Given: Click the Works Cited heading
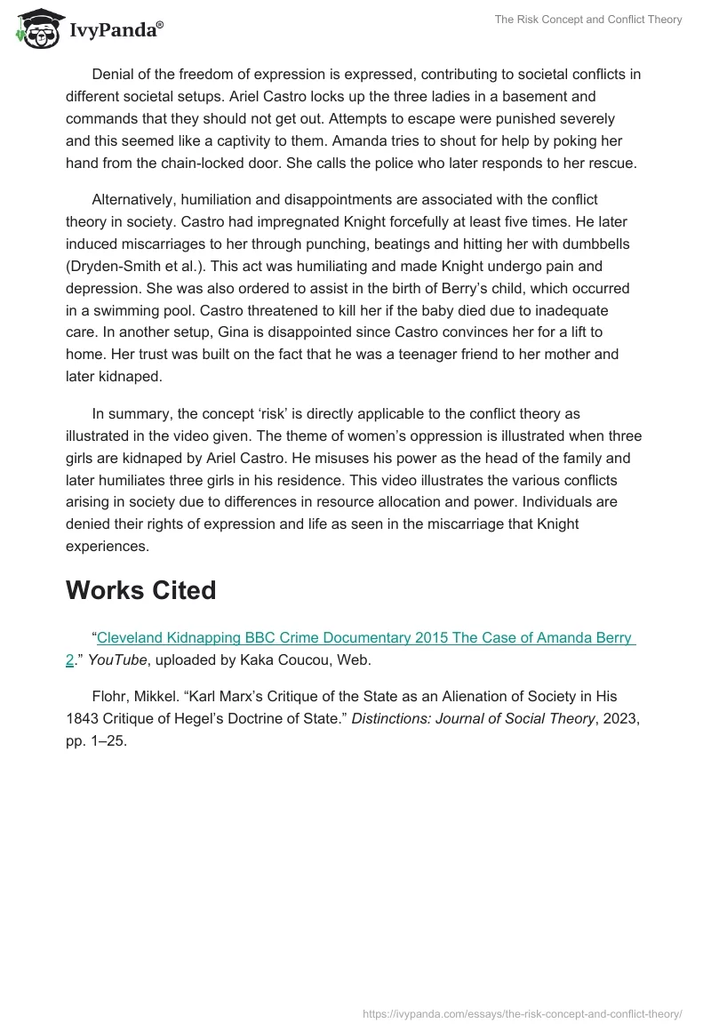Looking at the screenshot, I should [x=140, y=591].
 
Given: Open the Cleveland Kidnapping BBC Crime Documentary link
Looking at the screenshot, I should [x=365, y=638].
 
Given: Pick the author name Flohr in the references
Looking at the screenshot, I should [x=109, y=696].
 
